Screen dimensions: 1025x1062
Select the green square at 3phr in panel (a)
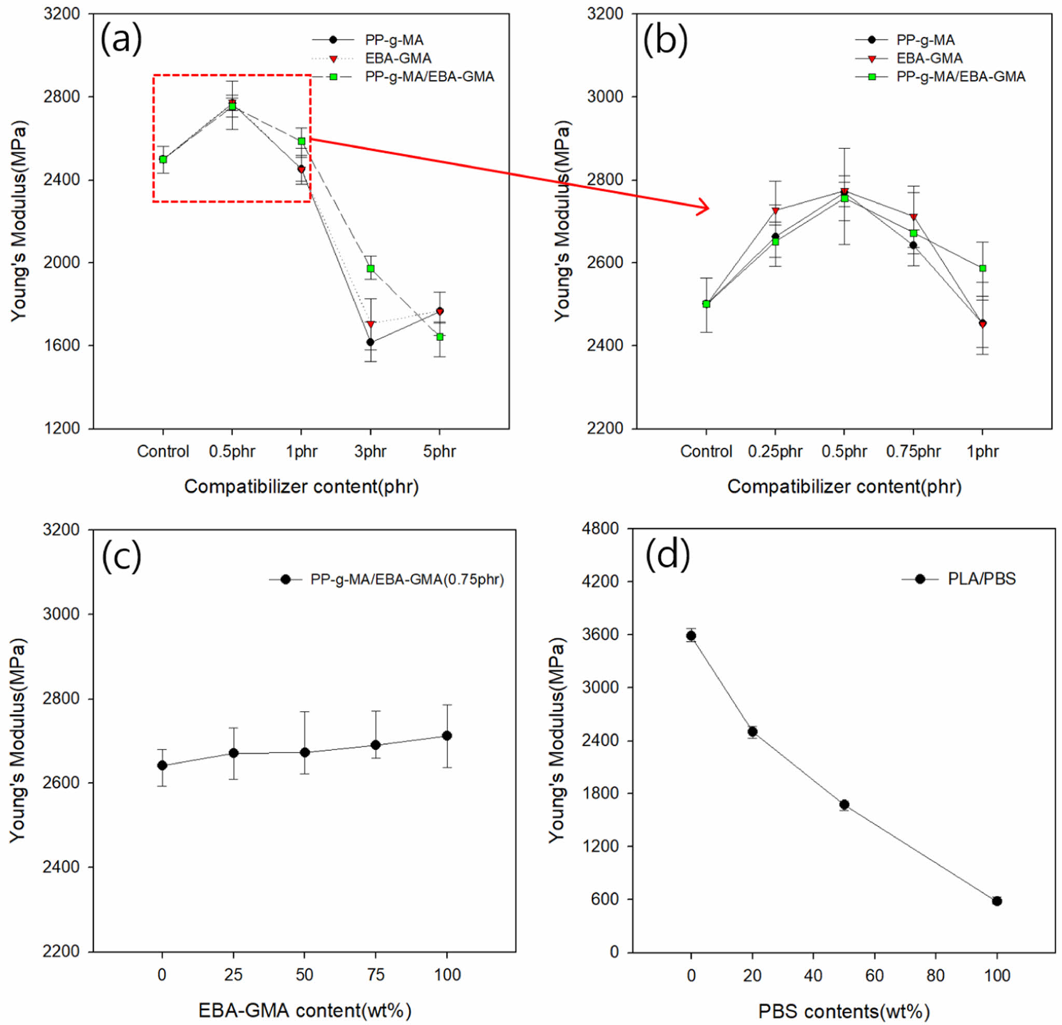pyautogui.click(x=370, y=269)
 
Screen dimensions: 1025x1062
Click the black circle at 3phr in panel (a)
pyautogui.click(x=370, y=342)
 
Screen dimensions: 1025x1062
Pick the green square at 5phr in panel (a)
pyautogui.click(x=440, y=337)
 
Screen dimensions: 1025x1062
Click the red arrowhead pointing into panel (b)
pyautogui.click(x=704, y=208)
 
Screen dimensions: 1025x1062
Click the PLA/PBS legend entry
pyautogui.click(x=981, y=579)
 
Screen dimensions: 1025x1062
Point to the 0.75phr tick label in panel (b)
pyautogui.click(x=914, y=452)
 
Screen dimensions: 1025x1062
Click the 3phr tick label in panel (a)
pyautogui.click(x=370, y=452)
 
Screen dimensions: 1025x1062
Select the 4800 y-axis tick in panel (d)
pyautogui.click(x=601, y=529)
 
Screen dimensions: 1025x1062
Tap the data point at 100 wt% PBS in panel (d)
pyautogui.click(x=997, y=901)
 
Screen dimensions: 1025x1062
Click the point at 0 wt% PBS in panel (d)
pyautogui.click(x=691, y=636)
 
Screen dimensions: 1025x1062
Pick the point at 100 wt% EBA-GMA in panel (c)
pyautogui.click(x=447, y=736)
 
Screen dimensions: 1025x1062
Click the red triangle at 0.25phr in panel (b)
pyautogui.click(x=776, y=211)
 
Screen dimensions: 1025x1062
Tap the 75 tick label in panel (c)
pyautogui.click(x=376, y=975)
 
